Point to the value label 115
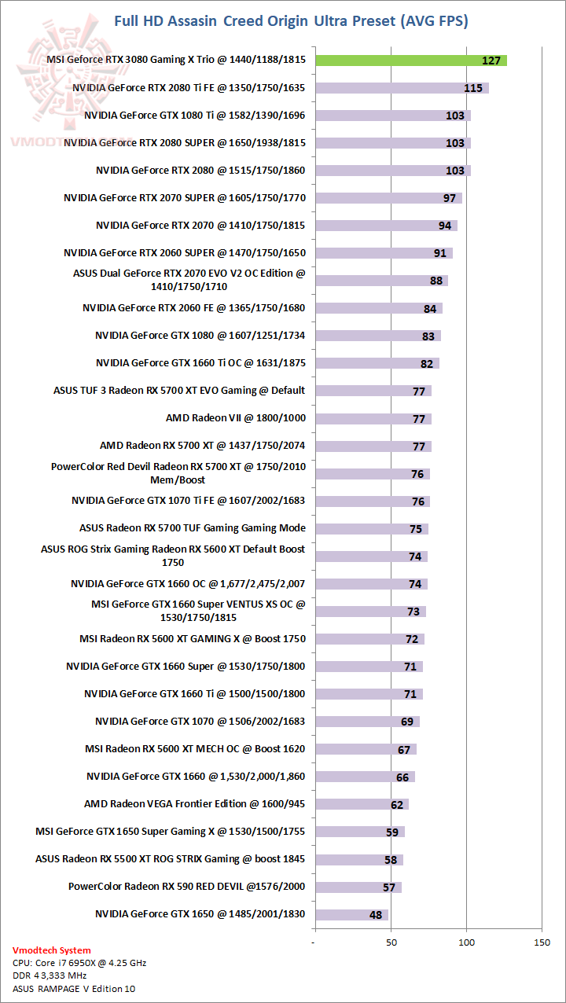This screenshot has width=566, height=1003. (473, 88)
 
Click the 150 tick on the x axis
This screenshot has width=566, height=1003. (542, 942)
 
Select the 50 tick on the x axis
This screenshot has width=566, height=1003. (390, 942)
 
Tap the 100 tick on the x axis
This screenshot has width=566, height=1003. (467, 942)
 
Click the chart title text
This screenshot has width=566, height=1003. (292, 21)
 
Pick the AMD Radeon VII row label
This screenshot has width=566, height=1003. (235, 418)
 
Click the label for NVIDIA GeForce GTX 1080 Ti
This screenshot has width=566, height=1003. (194, 116)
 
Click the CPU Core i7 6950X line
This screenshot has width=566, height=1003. (79, 963)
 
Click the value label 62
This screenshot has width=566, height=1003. (396, 804)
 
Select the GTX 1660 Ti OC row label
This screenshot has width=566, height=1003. (200, 363)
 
